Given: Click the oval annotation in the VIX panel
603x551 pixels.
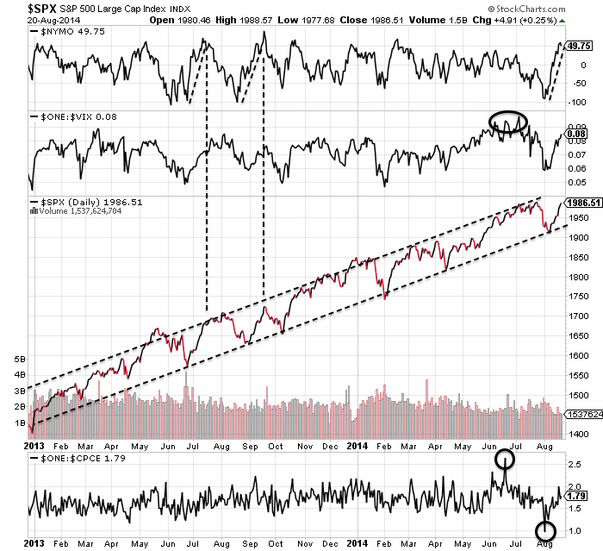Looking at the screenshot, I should click(508, 122).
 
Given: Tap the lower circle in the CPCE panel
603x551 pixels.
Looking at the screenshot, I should click(545, 531).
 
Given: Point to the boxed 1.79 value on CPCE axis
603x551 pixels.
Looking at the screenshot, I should click(578, 497).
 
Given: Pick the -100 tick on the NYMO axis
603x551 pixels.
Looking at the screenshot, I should click(576, 102).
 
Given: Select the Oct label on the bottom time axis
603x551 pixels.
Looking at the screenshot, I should click(275, 448).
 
